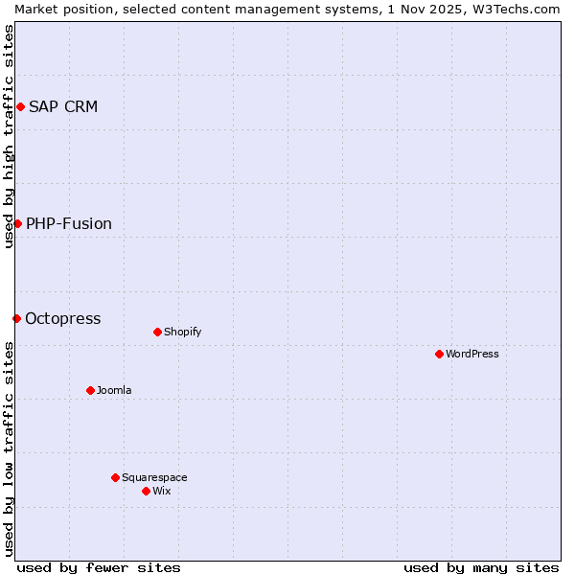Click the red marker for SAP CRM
(x=20, y=106)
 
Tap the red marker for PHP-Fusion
(x=17, y=223)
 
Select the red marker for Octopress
(x=16, y=318)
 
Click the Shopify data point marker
(x=157, y=332)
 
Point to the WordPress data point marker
(x=439, y=354)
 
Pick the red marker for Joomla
(x=90, y=390)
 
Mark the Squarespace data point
(x=115, y=477)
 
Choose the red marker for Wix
(x=146, y=491)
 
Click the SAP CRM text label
(x=63, y=106)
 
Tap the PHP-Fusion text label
(x=69, y=223)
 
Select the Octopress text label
(x=62, y=318)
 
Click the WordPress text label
(x=472, y=354)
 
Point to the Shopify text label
(x=182, y=332)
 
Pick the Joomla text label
(x=114, y=390)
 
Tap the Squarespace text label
(x=154, y=477)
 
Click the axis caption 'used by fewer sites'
(x=99, y=567)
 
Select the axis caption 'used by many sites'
(x=481, y=567)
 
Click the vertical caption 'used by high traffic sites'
(x=9, y=136)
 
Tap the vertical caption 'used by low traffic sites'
(x=9, y=448)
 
